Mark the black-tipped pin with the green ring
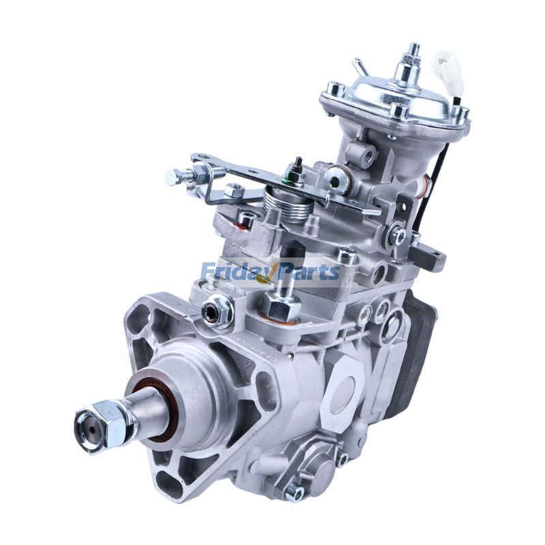298,168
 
